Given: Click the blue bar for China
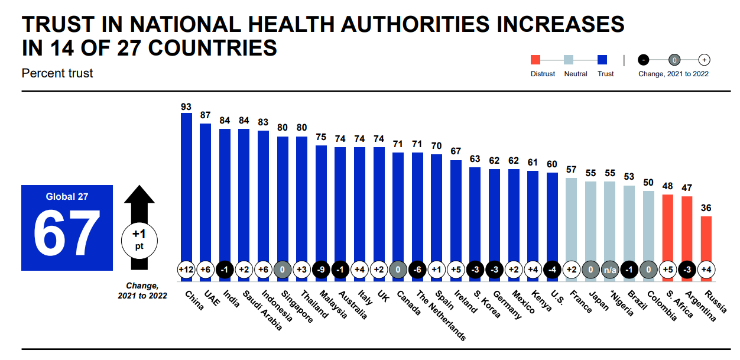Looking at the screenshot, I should point(186,189).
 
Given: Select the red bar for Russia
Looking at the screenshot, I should point(705,239).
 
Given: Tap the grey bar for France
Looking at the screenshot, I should point(571,219).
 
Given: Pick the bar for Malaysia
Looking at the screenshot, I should point(321,204).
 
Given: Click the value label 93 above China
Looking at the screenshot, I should point(186,107).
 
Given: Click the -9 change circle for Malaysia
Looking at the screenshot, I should point(321,270).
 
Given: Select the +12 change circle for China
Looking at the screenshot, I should point(186,270).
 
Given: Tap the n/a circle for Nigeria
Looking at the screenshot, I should point(609,270).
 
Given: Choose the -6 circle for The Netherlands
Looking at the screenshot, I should point(417,270).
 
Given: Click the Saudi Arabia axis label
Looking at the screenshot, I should point(264,310).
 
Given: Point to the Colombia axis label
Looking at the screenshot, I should point(661,306).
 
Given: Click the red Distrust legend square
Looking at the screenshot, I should point(535,60).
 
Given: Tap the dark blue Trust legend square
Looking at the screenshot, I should point(603,60).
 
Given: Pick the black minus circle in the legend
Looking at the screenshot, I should point(644,60).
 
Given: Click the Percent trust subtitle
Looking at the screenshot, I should point(57,73).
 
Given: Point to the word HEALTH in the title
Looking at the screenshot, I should point(291,24).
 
